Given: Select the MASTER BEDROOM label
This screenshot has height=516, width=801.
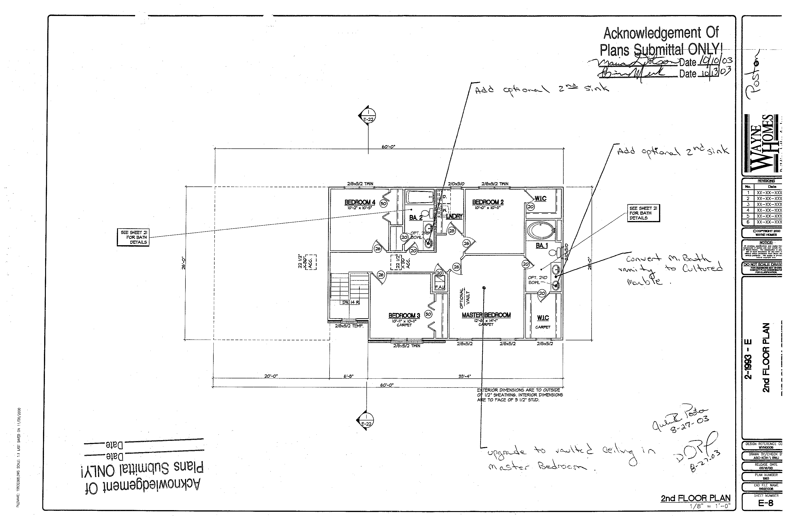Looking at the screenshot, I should coord(486,315).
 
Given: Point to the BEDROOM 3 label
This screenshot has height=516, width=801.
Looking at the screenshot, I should coord(404,316).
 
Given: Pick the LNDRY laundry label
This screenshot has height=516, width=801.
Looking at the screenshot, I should coord(454,217).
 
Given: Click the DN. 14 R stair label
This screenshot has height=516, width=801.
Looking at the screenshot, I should coord(351,302).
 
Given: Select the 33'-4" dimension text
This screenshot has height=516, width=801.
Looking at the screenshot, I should coord(464,376).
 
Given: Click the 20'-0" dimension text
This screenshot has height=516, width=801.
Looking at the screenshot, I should coord(271,376).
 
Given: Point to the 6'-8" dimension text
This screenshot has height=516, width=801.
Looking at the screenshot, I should coord(348,376).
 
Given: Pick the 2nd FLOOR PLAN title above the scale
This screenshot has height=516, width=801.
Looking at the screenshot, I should coord(695,498).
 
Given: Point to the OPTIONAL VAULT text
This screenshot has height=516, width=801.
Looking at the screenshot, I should coord(464,298).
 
